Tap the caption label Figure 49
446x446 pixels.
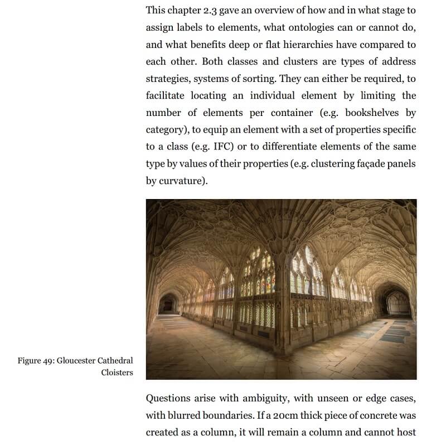[35, 361]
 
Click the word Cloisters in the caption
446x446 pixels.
[117, 372]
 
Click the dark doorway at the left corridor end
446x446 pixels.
[167, 304]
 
